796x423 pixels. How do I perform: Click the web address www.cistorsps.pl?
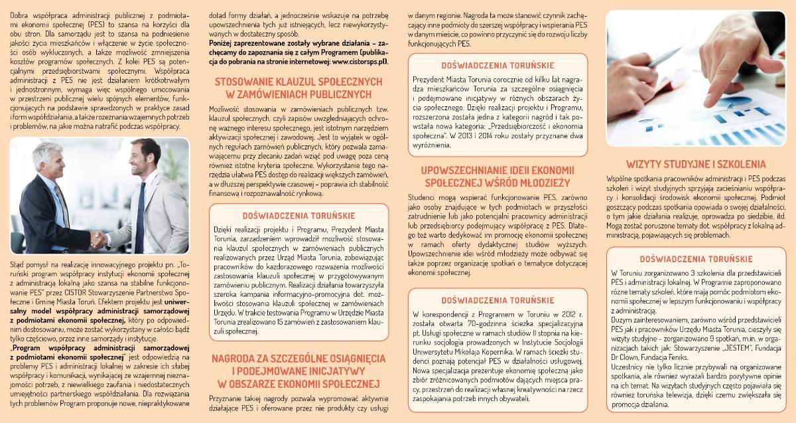[358, 60]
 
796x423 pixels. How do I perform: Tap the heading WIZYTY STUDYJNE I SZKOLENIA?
[696, 164]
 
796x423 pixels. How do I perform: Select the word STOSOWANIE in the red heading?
[241, 82]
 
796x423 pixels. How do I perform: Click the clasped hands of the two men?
[100, 237]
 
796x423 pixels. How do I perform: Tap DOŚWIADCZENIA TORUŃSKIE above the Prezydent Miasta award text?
[494, 65]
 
